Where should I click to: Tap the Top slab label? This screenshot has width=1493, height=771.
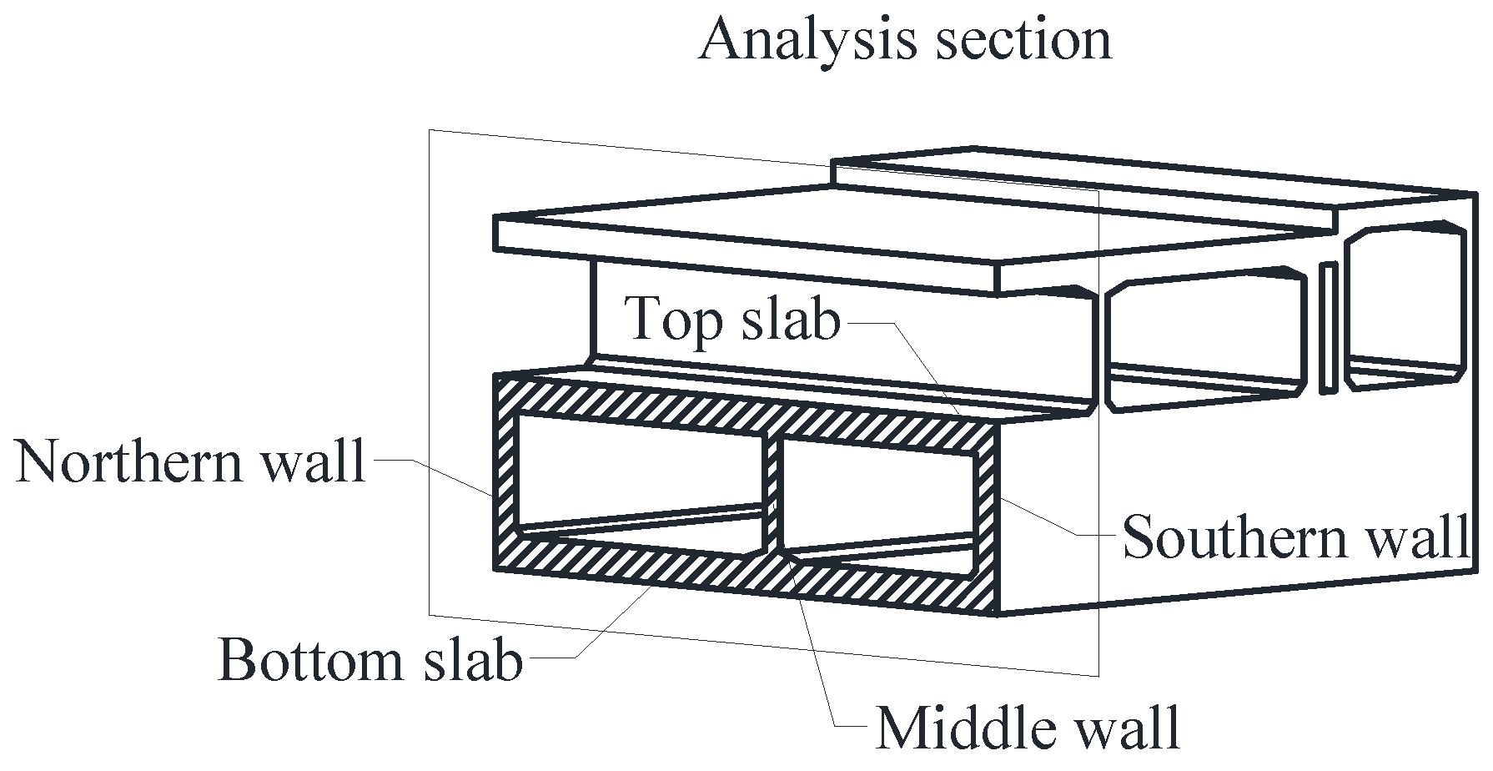coord(732,319)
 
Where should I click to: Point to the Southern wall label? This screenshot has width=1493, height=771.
coord(1295,537)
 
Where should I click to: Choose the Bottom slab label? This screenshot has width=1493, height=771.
coord(369,661)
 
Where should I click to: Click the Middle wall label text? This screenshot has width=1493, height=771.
coord(1028,728)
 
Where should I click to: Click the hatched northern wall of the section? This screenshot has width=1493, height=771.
coord(504,476)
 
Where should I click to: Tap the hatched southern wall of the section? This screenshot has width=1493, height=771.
coord(988,517)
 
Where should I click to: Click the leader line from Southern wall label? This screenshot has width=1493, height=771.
coord(1051,522)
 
